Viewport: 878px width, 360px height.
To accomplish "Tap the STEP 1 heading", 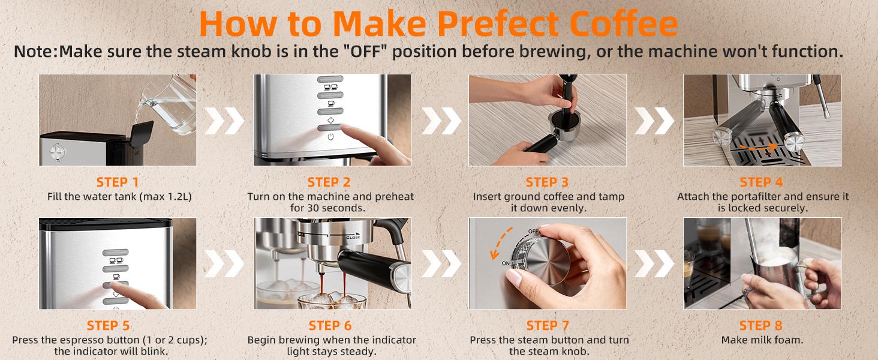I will click(x=118, y=182).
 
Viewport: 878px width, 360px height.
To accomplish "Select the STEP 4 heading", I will click(x=761, y=182).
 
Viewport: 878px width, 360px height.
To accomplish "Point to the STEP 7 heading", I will click(x=547, y=325).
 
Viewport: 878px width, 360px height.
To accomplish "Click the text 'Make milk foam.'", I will click(x=761, y=340).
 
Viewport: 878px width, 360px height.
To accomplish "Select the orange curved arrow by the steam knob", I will click(x=503, y=244).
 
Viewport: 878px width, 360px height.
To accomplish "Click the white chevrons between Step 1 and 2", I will click(x=224, y=121).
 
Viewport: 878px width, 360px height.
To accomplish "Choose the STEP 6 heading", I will click(x=330, y=325).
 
